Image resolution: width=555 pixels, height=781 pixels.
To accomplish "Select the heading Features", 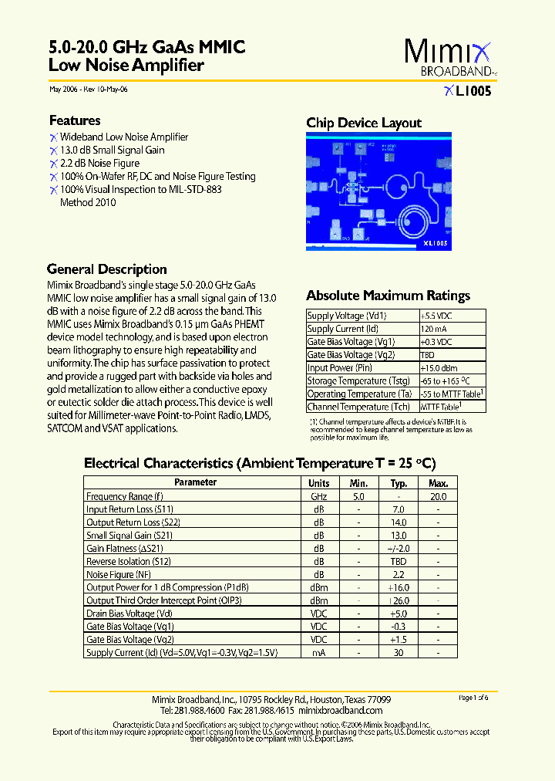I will (75, 120).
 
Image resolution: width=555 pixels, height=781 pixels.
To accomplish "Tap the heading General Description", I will (106, 269).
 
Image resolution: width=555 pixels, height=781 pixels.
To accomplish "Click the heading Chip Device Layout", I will (364, 123).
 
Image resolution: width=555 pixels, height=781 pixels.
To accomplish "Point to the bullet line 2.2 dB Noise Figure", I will (99, 163).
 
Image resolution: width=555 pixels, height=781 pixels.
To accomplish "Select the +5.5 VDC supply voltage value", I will (436, 316).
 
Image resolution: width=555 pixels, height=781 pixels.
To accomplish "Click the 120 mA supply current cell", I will (432, 329).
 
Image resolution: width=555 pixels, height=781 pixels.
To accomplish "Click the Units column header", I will (319, 483).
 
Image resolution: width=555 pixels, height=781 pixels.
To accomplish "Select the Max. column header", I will (439, 483).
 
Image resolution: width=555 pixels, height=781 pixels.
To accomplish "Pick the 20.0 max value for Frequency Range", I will (439, 496).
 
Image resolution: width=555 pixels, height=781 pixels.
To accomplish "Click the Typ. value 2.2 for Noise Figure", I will (399, 575).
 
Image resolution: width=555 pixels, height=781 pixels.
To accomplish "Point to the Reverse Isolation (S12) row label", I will (129, 562).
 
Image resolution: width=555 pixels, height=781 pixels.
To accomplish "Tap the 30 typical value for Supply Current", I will (399, 653).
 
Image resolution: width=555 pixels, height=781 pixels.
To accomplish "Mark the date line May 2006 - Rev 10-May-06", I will (88, 90).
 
